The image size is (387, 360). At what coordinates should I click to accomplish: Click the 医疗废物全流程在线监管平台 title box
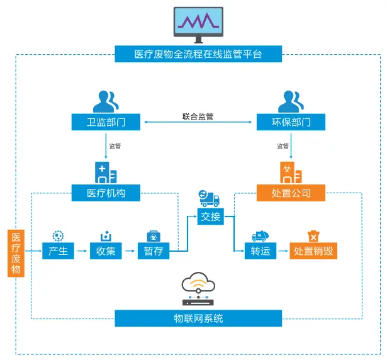tap(198, 54)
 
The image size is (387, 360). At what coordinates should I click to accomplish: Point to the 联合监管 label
tap(198, 116)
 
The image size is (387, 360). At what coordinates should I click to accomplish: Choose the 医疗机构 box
tap(106, 193)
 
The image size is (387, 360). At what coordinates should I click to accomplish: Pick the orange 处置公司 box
tap(291, 193)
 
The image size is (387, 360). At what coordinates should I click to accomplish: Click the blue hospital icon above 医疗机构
tap(105, 172)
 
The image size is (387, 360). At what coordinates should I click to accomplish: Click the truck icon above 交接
tap(210, 198)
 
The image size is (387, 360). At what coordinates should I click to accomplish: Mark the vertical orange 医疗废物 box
tap(16, 254)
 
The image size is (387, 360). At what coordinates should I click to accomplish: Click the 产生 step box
tap(59, 252)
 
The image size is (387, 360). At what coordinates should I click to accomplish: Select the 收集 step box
tap(106, 252)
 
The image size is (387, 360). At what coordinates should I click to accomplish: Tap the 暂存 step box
tap(154, 252)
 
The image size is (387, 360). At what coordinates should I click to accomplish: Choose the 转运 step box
tap(261, 252)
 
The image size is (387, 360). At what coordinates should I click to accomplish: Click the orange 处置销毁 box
tap(313, 252)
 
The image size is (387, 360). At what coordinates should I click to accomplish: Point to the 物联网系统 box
tap(198, 318)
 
